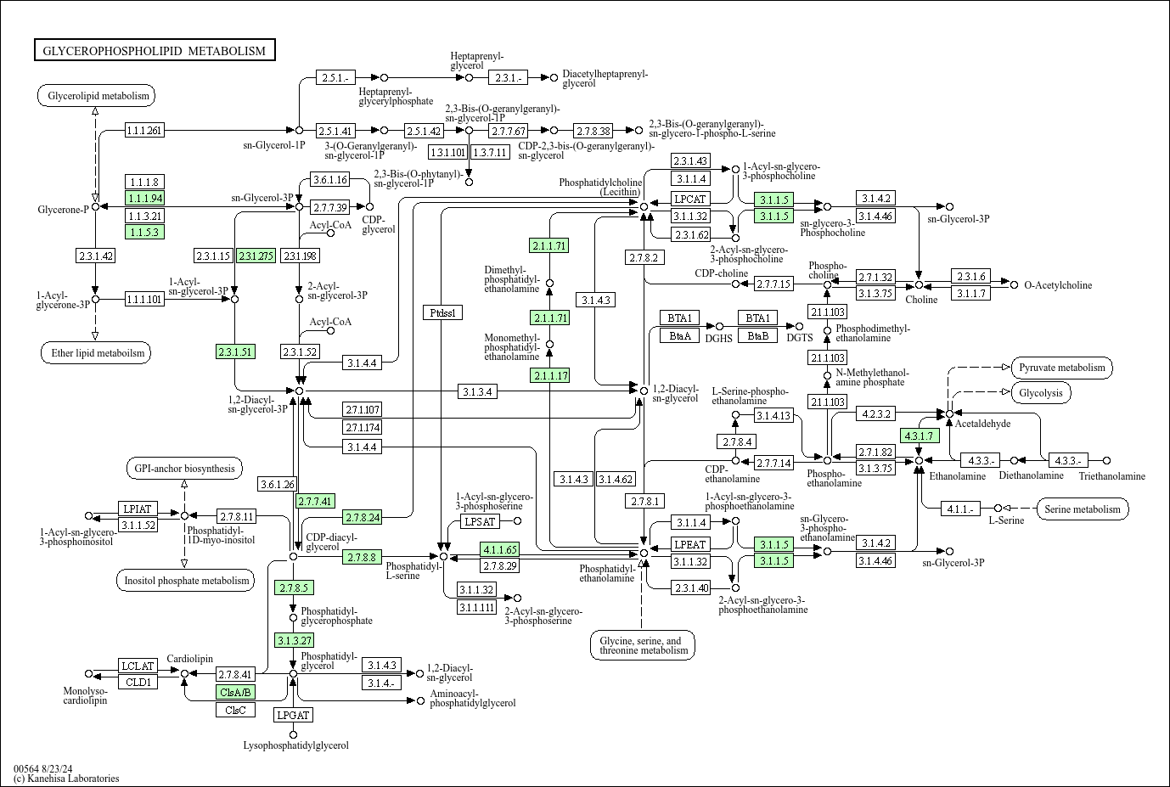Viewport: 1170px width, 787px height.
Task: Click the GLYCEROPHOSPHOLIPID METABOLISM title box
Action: pos(155,51)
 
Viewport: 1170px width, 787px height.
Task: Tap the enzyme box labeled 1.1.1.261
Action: pos(144,130)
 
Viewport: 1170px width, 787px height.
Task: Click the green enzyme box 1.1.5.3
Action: pos(144,232)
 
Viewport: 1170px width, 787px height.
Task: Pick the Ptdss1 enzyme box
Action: pos(442,312)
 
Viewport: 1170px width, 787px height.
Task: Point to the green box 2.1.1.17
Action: pos(549,375)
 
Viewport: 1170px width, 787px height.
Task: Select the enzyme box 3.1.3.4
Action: pos(478,391)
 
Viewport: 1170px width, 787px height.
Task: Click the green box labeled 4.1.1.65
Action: pos(499,549)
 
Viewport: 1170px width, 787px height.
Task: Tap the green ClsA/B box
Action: pos(235,692)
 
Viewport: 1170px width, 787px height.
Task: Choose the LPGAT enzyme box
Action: pos(293,715)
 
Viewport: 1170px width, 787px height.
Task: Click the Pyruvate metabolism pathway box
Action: pos(1061,368)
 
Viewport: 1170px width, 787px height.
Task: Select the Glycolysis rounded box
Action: pos(1041,393)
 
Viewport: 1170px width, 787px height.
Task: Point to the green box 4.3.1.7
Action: pos(919,436)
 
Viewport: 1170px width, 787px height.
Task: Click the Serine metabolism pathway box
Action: pos(1083,509)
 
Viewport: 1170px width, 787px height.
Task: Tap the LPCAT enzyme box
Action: pos(690,199)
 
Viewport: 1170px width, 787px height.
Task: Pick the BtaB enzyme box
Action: pos(757,335)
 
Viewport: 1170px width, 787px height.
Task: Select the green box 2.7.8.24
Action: pos(363,517)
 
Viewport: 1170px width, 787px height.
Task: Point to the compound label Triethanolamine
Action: pos(1111,476)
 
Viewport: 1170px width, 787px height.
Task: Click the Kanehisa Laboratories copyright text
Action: pos(66,779)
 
